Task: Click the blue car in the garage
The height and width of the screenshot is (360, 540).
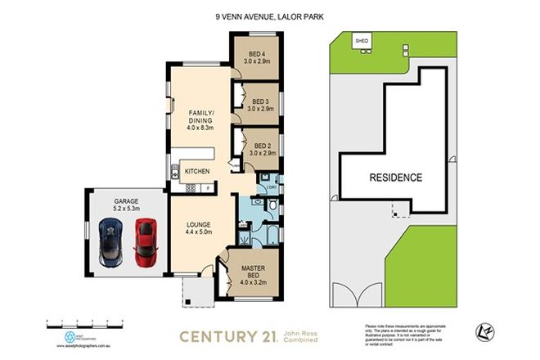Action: (x=110, y=245)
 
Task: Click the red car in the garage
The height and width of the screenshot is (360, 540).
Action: (x=145, y=244)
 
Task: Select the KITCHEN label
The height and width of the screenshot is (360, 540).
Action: (x=197, y=171)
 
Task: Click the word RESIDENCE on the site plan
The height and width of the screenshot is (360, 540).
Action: (x=395, y=177)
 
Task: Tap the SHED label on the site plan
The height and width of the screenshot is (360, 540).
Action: (x=360, y=38)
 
